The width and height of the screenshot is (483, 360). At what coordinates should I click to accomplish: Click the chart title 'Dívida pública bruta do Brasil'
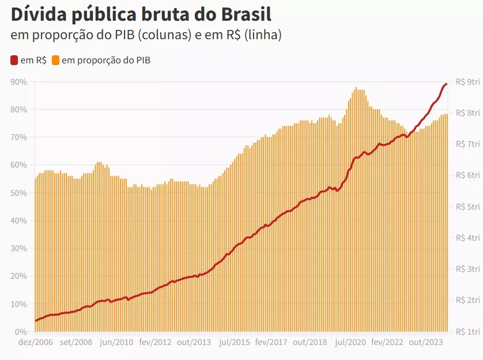click(141, 14)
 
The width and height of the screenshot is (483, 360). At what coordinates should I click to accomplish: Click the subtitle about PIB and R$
click(146, 35)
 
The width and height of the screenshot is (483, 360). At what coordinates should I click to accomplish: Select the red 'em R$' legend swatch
click(14, 60)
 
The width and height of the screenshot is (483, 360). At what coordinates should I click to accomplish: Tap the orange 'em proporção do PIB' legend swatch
click(56, 60)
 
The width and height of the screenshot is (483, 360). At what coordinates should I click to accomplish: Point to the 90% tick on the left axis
click(19, 82)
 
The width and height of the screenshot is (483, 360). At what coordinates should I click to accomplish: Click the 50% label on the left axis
click(19, 193)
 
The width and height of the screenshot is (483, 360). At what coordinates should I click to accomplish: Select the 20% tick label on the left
click(19, 276)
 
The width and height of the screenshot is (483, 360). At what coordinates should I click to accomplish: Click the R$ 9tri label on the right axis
click(467, 82)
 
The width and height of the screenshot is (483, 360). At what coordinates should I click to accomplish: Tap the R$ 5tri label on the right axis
click(467, 207)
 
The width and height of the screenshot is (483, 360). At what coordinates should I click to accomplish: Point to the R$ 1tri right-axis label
click(467, 332)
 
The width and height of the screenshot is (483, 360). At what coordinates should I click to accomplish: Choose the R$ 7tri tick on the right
click(467, 144)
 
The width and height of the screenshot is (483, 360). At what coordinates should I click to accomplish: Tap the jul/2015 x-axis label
click(235, 342)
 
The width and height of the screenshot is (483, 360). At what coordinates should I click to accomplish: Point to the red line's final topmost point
click(447, 85)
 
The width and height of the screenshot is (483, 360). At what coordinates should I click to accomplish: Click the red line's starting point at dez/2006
click(36, 321)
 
